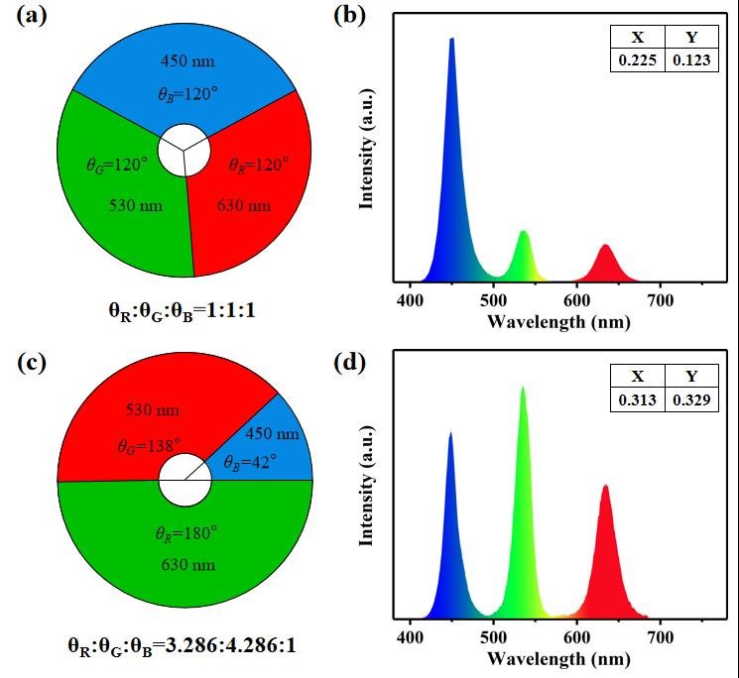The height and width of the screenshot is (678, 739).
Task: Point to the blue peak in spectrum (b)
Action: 452,45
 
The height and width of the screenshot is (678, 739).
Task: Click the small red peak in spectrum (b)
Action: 604,247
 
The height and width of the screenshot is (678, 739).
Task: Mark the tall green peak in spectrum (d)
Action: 523,391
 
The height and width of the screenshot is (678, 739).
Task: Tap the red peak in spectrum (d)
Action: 605,488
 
